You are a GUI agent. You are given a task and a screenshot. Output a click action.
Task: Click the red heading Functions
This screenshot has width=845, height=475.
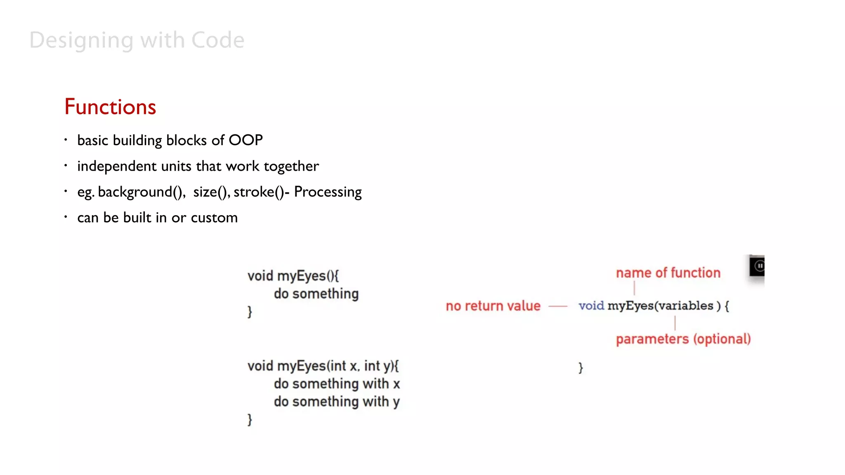[x=110, y=107]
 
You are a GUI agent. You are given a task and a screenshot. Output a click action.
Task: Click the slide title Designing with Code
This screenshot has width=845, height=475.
[x=137, y=40]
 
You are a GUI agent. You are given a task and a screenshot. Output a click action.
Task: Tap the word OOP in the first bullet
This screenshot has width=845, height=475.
[x=245, y=140]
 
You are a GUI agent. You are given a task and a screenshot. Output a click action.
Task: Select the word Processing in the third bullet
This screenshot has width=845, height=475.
[x=328, y=192]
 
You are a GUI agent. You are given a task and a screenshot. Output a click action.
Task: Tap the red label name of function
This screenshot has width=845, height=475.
[x=668, y=273]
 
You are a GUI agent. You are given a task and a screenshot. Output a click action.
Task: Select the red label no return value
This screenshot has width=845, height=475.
[x=493, y=306]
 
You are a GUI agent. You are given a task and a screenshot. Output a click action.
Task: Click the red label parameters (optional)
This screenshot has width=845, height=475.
[x=683, y=339]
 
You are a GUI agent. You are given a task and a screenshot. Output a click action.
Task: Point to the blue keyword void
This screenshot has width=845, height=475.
[x=591, y=306]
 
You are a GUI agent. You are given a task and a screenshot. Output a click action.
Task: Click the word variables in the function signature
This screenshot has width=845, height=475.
[x=685, y=306]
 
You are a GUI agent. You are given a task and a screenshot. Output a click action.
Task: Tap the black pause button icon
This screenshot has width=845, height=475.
[x=759, y=266]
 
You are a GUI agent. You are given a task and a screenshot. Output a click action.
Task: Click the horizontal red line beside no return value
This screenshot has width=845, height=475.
[x=558, y=306]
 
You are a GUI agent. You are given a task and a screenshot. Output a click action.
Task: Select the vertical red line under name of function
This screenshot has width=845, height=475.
[x=634, y=288]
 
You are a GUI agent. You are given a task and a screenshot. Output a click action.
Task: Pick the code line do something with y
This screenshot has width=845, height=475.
[x=337, y=402]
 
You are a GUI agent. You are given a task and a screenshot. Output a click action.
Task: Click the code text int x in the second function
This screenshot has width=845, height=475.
[x=343, y=366]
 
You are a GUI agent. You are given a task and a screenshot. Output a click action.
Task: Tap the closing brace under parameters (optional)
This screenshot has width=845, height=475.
[x=581, y=367]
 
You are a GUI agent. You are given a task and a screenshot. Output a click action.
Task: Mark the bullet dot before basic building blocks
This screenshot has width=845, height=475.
[x=66, y=140]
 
